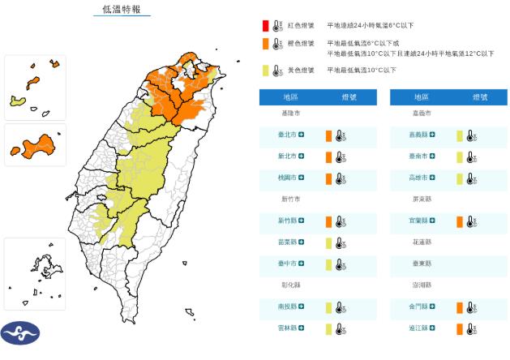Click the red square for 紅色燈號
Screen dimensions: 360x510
(265, 26)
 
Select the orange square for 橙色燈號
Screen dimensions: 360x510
(265, 44)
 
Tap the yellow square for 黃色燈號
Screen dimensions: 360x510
(265, 71)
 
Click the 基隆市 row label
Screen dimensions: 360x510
(289, 114)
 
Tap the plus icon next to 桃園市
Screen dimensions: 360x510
(302, 178)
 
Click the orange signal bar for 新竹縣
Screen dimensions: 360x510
(328, 221)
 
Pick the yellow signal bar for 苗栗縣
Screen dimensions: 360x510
(328, 242)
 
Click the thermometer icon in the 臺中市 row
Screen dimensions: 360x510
(340, 264)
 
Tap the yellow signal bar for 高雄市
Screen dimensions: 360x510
(459, 178)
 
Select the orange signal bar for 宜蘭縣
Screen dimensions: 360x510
(459, 221)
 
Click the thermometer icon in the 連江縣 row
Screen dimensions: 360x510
(470, 328)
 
